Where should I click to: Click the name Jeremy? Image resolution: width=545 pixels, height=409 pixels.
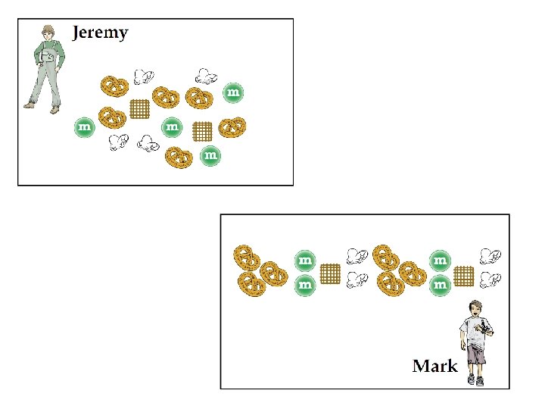tap(100, 33)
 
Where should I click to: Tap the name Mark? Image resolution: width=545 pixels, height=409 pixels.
tap(434, 367)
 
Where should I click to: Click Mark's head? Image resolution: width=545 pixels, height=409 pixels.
tap(475, 308)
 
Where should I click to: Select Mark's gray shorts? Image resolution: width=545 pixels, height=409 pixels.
tap(475, 354)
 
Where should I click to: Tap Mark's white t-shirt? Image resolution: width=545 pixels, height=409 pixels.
tap(476, 330)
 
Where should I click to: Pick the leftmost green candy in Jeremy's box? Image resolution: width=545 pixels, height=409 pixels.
tap(84, 127)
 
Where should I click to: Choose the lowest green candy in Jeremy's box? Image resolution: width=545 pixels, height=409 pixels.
tap(211, 156)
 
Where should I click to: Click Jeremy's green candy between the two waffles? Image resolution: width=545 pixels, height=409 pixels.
tap(172, 126)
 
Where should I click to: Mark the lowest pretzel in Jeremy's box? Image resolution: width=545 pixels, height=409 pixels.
tap(179, 156)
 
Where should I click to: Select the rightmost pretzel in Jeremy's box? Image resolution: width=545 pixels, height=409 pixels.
tap(232, 126)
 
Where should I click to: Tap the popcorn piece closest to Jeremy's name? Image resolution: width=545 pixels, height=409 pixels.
tap(143, 76)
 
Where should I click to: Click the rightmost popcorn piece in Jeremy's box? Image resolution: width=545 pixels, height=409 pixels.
tap(205, 75)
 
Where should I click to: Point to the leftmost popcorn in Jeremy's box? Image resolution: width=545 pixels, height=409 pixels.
tap(117, 142)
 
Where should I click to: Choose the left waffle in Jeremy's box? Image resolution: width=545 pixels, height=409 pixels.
tap(140, 109)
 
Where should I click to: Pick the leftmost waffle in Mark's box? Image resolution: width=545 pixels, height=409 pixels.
tap(329, 273)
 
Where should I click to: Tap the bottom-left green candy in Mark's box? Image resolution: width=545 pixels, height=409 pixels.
tap(304, 285)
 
